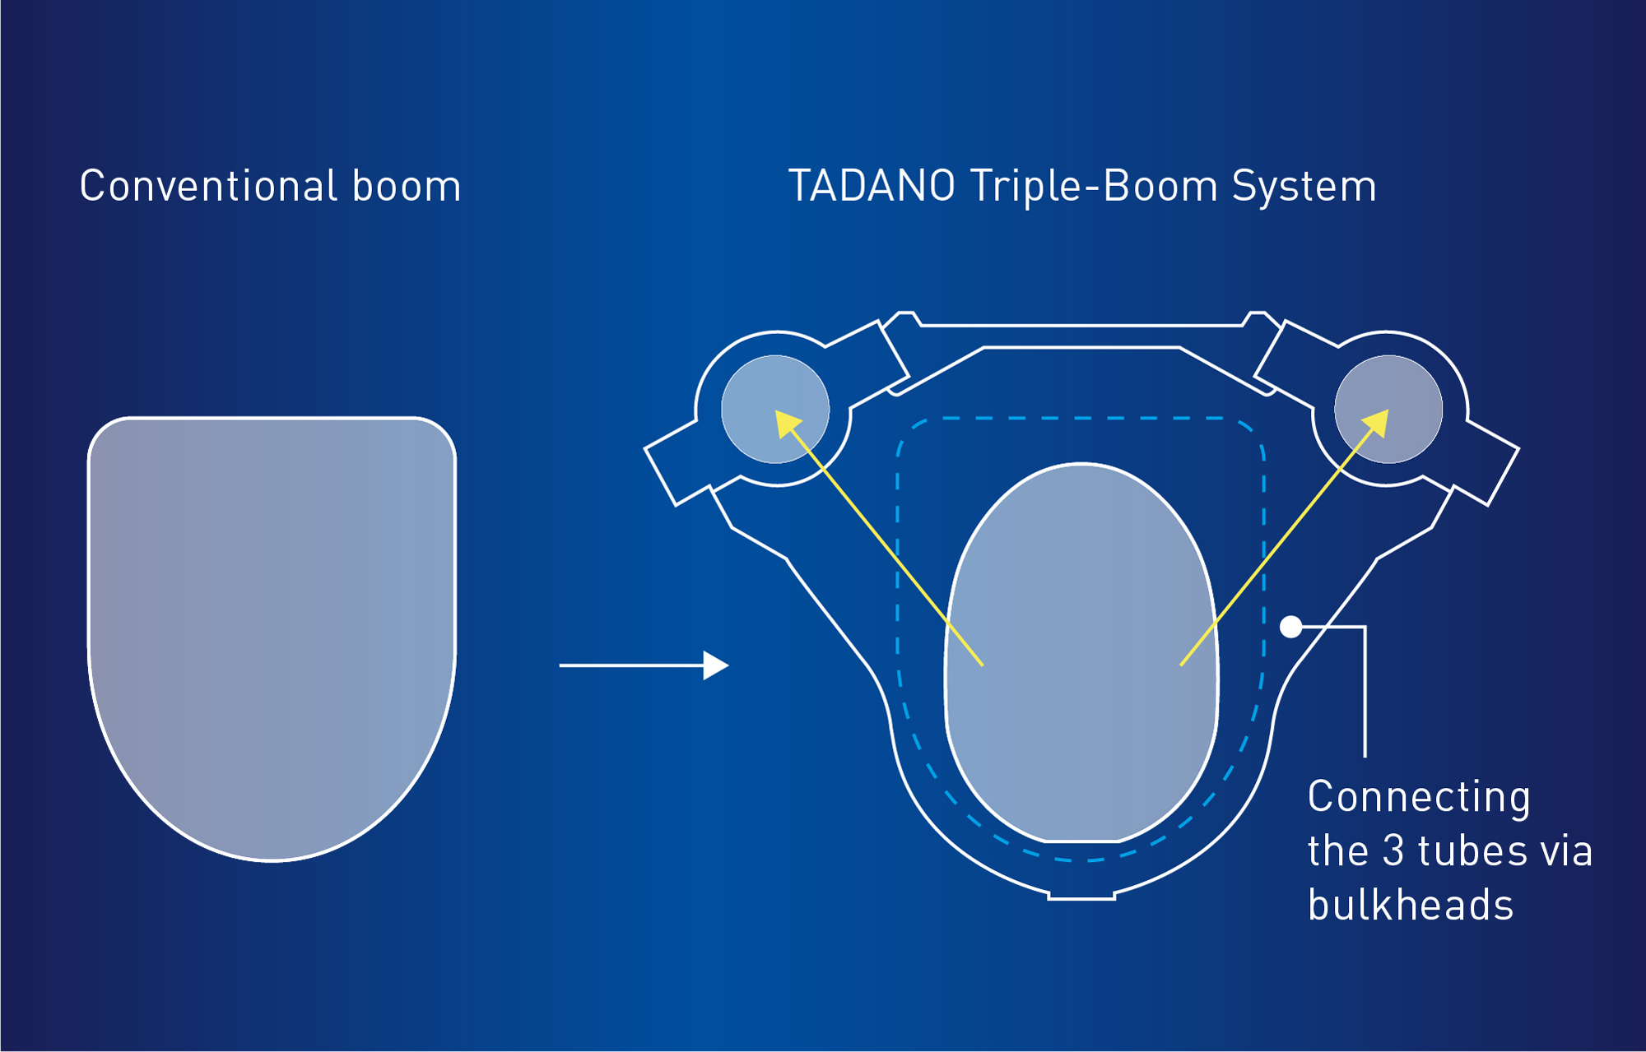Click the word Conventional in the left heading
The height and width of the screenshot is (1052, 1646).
208,186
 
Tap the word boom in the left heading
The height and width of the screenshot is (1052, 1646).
407,187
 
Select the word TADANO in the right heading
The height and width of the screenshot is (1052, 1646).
872,186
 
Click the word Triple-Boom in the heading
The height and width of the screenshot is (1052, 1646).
1094,187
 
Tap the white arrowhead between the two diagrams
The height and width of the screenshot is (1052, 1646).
715,665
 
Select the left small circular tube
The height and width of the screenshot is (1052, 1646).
775,409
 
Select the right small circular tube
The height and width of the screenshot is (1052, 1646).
1388,409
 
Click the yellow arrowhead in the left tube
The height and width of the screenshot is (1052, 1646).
788,424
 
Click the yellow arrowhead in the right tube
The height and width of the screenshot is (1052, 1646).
1376,423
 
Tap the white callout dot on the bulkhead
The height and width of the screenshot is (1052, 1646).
1290,627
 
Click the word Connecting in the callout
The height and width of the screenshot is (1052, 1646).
1419,798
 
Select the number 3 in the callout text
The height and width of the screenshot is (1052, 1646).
1393,851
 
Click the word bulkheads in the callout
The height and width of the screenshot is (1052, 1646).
1411,905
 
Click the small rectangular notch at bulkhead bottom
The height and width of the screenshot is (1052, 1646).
1081,895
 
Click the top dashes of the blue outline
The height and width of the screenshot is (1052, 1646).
1081,419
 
